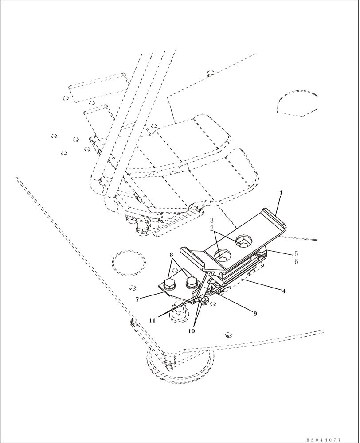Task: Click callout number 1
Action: coord(280,193)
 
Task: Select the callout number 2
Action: coord(212,229)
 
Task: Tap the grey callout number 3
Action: coord(212,220)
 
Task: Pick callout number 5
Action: coord(296,254)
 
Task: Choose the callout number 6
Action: coord(296,262)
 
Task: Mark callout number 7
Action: coord(137,299)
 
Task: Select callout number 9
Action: coord(255,313)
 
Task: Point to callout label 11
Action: coord(152,320)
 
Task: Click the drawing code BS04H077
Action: coord(323,440)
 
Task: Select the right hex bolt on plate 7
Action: coord(191,281)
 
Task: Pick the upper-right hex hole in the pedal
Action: coord(243,241)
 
